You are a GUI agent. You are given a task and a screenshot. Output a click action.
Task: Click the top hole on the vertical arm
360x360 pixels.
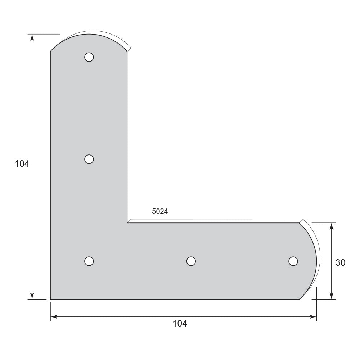(89, 57)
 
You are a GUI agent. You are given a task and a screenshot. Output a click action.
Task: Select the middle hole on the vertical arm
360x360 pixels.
(89, 159)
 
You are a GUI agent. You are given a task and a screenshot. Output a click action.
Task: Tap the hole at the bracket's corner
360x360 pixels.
(89, 261)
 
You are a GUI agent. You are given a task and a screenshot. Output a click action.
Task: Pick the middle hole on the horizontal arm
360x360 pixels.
(191, 261)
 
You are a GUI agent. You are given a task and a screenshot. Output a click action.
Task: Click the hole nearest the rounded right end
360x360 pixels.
(293, 261)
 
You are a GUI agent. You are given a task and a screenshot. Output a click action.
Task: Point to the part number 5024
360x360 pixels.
(160, 211)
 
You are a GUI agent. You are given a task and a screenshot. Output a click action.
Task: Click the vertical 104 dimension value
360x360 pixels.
(22, 164)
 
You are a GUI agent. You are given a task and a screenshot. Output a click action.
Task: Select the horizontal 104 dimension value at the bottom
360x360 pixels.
(180, 324)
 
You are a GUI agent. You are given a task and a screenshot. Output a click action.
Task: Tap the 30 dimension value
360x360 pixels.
(340, 263)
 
